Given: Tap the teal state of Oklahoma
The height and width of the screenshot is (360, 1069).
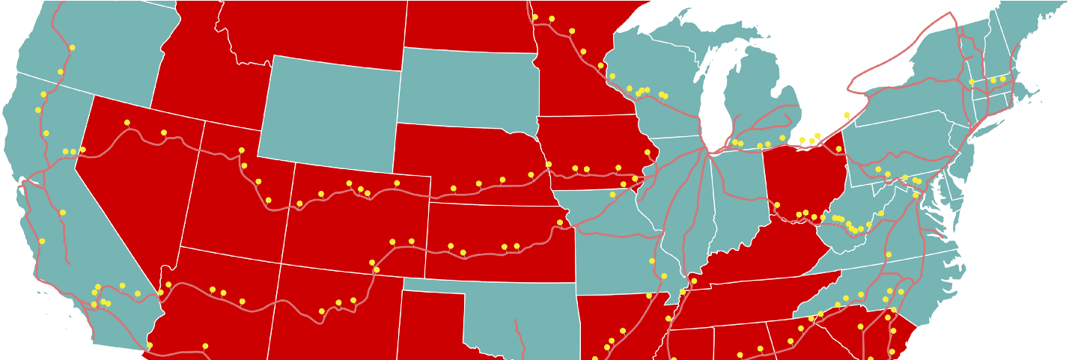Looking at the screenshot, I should coord(524,314).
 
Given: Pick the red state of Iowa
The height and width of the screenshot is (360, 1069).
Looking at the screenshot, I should coord(591,150).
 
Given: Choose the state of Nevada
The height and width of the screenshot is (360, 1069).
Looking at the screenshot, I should coord(135,180).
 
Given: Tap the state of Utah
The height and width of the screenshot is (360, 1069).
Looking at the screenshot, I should coord(232,195).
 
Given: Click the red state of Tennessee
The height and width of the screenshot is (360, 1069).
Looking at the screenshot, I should coord(749,299).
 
